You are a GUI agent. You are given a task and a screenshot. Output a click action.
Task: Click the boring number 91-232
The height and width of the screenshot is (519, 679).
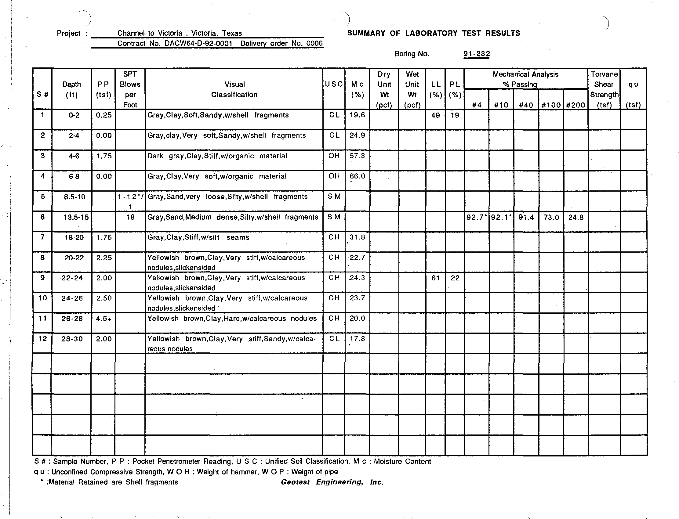click(x=476, y=54)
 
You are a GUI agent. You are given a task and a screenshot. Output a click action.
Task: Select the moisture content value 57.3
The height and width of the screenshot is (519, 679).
click(x=357, y=156)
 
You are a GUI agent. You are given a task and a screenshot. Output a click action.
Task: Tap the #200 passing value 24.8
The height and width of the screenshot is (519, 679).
click(x=576, y=218)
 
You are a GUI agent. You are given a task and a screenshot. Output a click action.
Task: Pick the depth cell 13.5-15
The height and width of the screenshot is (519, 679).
click(x=72, y=217)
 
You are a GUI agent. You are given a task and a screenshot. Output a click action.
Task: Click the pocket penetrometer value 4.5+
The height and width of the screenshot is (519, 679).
click(x=103, y=319)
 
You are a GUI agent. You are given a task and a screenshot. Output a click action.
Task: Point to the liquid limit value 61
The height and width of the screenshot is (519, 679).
click(x=435, y=278)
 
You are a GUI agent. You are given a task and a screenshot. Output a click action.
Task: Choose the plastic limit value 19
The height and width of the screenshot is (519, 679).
click(x=455, y=115)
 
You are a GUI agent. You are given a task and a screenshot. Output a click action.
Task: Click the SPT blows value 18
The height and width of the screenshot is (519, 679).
click(x=130, y=217)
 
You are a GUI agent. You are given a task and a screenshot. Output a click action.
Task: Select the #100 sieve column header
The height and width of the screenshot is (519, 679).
click(x=551, y=105)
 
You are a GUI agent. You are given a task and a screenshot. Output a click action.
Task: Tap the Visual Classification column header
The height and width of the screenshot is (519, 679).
click(x=234, y=90)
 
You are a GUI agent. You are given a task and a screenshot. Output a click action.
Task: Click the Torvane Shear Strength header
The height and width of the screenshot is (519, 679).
click(x=604, y=89)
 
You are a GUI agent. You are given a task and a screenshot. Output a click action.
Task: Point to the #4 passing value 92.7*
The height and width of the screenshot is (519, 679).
click(x=477, y=218)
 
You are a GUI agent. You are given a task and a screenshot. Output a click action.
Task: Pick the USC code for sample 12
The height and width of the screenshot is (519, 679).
click(x=334, y=339)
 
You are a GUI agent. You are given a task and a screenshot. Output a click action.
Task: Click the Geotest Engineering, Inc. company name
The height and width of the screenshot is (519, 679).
click(x=332, y=482)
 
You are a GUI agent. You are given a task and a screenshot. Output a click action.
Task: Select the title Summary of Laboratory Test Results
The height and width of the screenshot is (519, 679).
click(x=434, y=33)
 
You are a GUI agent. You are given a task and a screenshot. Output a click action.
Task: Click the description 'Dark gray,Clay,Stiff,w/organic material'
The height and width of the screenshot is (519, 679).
click(x=217, y=156)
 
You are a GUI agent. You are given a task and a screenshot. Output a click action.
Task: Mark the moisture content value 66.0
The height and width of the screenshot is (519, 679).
click(x=357, y=176)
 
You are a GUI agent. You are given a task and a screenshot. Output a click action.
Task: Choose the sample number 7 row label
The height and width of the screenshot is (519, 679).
click(x=42, y=237)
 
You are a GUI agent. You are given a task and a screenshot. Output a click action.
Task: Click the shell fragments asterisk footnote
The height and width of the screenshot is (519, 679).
click(x=109, y=482)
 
